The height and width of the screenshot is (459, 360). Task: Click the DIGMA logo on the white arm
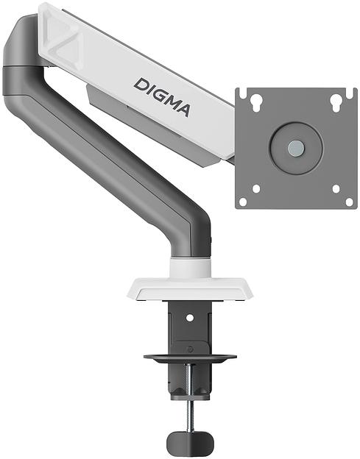162,96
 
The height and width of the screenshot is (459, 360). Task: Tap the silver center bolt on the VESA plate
295,148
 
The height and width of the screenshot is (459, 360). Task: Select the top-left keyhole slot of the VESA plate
256,102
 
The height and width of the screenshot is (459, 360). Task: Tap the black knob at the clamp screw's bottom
190,442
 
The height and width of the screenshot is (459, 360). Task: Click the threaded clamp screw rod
190,401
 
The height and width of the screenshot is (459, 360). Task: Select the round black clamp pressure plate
190,359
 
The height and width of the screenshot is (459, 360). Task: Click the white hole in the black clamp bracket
190,318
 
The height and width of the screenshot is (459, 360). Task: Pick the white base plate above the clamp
190,288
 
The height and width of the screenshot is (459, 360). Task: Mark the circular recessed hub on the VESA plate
295,148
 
